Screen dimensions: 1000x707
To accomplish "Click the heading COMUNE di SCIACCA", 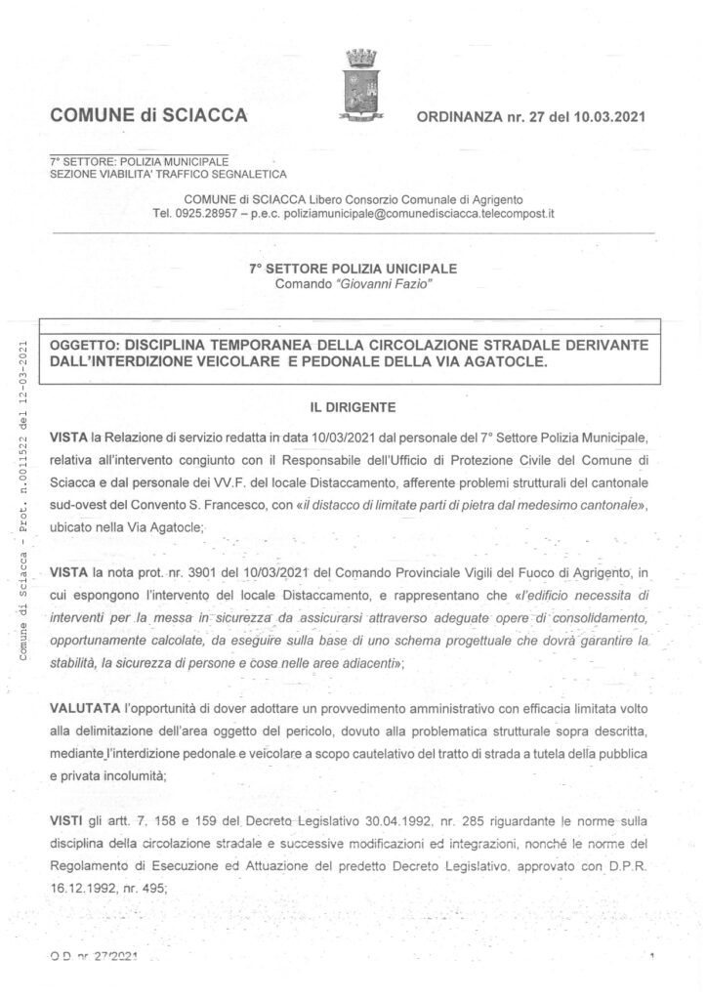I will [x=147, y=118].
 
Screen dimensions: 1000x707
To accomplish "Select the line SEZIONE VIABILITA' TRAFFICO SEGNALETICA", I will [x=168, y=174].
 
